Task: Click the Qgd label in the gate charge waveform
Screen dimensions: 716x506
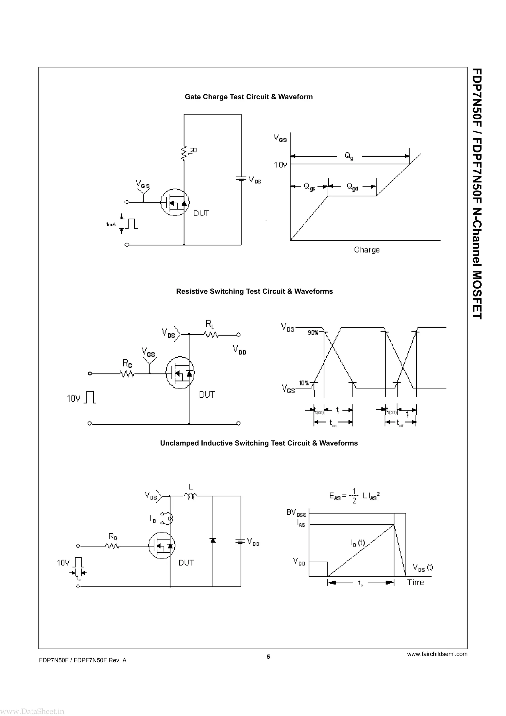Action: click(x=352, y=187)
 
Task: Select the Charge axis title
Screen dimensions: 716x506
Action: click(x=367, y=250)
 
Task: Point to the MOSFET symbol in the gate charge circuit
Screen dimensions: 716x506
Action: click(x=175, y=202)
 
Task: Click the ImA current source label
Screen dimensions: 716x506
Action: click(x=111, y=224)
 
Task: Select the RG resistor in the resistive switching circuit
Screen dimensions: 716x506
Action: click(x=127, y=373)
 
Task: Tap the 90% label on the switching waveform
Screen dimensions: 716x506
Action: click(x=313, y=333)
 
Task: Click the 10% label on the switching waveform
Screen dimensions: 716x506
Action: click(x=304, y=383)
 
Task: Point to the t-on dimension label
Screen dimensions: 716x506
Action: click(x=333, y=423)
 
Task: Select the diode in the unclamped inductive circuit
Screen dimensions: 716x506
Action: click(x=213, y=540)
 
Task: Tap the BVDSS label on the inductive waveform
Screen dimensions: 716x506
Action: click(x=296, y=513)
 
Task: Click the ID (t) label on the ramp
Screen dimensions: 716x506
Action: click(x=358, y=543)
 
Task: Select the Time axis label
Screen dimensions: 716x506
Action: click(x=415, y=583)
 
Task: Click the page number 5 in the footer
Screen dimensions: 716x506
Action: click(x=268, y=656)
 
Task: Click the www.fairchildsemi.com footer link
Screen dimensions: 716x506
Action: click(x=437, y=654)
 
